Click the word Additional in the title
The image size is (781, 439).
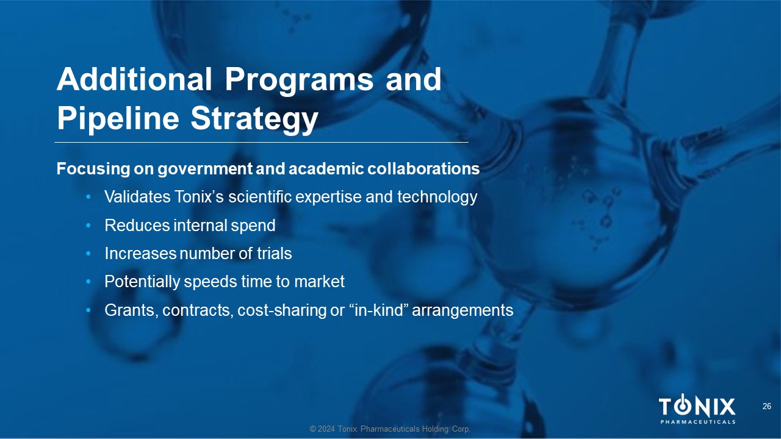pos(134,79)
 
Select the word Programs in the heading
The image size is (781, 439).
pos(298,82)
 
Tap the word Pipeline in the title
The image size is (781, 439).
pos(118,120)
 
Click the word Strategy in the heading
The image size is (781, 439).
pos(254,120)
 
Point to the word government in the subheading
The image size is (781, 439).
pos(204,169)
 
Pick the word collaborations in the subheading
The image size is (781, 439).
pos(423,169)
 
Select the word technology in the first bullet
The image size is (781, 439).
pos(437,198)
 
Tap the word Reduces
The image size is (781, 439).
pos(137,226)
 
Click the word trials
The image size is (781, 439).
pos(275,254)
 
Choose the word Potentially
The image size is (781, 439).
pos(142,282)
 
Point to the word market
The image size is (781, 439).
pos(319,282)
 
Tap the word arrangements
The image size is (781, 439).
pos(462,311)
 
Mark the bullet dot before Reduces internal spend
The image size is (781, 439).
pos(88,226)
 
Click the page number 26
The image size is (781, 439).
pos(767,406)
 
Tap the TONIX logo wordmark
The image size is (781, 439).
pos(697,408)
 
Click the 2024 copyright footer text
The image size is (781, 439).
pos(390,429)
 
